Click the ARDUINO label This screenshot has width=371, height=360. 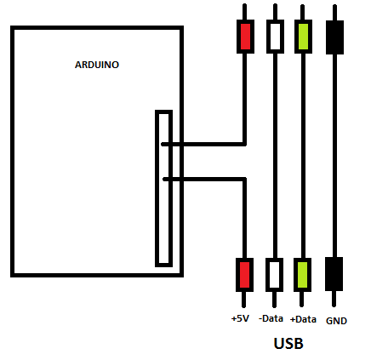97,65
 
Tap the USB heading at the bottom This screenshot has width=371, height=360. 288,343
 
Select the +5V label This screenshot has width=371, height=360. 240,318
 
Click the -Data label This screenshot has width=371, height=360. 271,318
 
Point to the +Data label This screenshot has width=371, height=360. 303,319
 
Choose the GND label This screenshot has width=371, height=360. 336,321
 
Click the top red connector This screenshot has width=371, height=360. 245,37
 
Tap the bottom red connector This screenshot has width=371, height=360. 244,275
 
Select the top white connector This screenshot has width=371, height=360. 275,37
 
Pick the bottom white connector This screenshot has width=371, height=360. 274,275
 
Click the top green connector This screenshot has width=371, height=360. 303,37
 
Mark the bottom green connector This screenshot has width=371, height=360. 302,275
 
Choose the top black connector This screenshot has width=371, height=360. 334,37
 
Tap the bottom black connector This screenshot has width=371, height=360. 334,274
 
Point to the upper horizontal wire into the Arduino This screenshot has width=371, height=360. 203,145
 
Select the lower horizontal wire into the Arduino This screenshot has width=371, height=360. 205,179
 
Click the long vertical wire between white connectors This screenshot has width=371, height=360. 275,156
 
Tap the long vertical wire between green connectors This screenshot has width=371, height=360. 303,156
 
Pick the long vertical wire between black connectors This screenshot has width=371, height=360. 334,156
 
